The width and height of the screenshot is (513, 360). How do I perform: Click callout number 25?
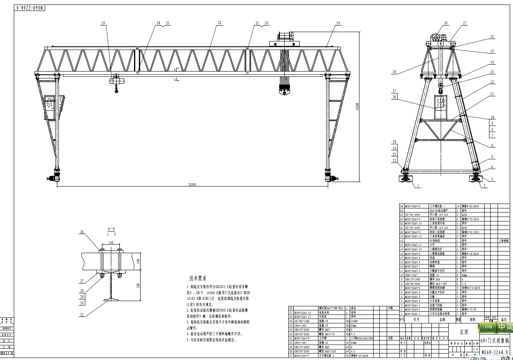103,23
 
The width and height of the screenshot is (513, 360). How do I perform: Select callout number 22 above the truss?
219,23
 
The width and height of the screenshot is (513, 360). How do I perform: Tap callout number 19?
338,23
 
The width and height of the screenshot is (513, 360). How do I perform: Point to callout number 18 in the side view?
446,23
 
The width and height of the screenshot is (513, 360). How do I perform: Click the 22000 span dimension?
193,184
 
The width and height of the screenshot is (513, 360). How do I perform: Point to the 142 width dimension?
111,242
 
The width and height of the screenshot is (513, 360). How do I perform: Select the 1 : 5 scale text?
111,234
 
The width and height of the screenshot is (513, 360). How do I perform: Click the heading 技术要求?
198,278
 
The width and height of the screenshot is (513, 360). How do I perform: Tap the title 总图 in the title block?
464,332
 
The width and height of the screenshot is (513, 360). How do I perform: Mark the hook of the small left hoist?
117,90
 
